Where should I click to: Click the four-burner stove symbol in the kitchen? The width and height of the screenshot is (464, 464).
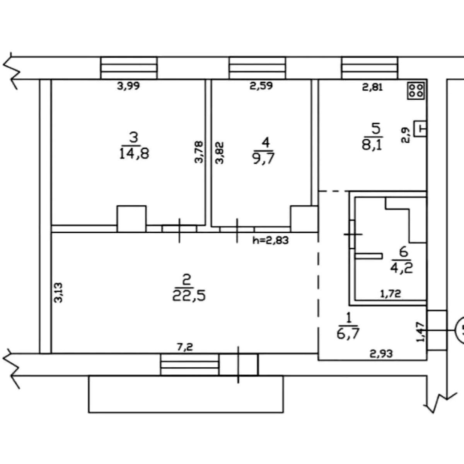coord(416,91)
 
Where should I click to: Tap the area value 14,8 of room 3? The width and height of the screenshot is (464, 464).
coord(134,154)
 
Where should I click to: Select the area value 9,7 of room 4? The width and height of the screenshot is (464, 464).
coord(264,159)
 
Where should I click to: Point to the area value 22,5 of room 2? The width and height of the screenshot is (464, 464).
coord(189,295)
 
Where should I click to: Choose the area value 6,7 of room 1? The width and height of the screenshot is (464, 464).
coord(348,334)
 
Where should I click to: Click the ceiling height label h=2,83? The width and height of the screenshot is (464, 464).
coord(270,240)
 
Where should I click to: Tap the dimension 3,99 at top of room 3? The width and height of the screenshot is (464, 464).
coord(128,86)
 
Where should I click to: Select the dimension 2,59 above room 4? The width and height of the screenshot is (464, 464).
coord(261,86)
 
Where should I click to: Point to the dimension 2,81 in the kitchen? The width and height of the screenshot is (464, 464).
coord(372,87)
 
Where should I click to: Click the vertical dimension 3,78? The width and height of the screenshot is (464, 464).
coord(199,152)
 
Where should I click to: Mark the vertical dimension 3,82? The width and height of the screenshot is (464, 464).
coord(219,153)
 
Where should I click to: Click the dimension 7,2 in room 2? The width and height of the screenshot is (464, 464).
coord(185,348)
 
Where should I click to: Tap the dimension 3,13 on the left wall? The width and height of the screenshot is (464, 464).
coord(58,293)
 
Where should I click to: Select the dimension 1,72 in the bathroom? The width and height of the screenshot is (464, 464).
coord(390,293)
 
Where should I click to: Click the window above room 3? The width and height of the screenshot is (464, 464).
coord(129,68)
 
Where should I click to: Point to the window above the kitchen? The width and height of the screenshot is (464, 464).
coord(370,68)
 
